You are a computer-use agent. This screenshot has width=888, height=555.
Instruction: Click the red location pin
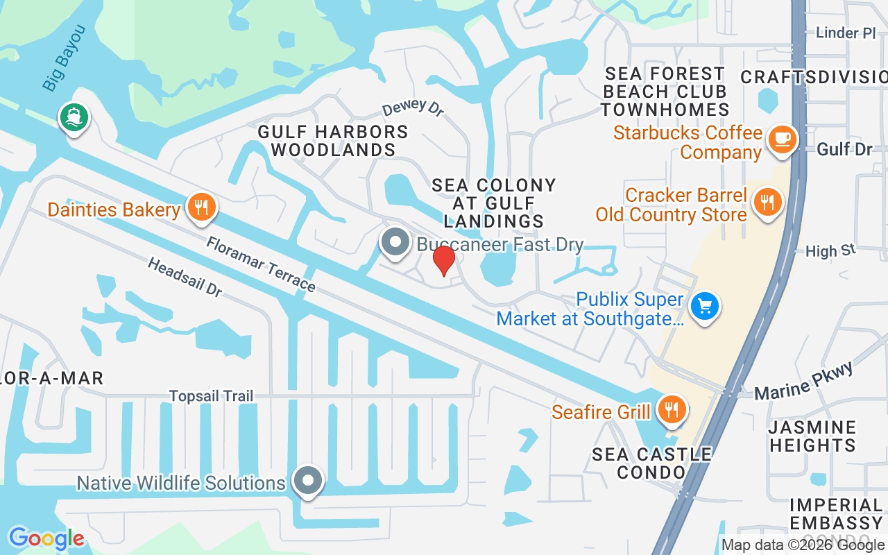pos(444,260)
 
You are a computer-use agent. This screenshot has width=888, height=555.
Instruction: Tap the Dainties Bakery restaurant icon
pos(202,207)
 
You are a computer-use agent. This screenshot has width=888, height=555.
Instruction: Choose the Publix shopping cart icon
pos(706,305)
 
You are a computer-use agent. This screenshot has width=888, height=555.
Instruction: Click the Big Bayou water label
pos(64,58)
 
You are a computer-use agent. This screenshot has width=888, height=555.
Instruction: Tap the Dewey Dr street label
pos(413,108)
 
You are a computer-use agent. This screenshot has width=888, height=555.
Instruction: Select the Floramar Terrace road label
pos(260,264)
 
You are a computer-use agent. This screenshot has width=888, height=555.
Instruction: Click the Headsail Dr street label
pos(185,277)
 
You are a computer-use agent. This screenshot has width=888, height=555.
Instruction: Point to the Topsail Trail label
pos(212,396)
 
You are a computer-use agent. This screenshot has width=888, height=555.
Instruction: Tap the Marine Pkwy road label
pos(803,381)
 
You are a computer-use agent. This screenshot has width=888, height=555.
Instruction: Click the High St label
pos(830,250)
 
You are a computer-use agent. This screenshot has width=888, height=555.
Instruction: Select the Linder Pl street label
pos(846,33)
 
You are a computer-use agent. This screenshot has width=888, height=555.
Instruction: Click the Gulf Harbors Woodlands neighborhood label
pos(333,140)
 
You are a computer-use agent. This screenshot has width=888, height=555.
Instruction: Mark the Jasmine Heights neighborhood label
pos(812,436)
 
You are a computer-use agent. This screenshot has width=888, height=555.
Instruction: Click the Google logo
pos(46,538)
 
